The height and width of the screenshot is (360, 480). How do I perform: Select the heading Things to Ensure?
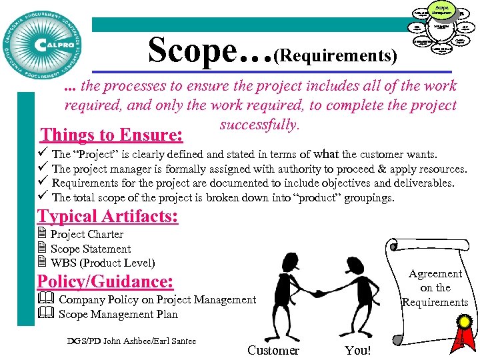(x=112, y=135)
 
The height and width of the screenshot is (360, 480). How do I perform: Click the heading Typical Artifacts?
(x=108, y=217)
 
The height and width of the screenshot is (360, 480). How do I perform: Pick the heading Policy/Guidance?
(x=105, y=281)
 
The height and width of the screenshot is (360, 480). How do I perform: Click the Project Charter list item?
(x=87, y=234)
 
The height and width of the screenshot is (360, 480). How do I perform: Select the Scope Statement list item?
(x=91, y=249)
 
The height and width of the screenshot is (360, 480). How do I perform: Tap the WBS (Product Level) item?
(x=103, y=263)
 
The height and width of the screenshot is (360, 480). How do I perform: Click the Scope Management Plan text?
(x=118, y=314)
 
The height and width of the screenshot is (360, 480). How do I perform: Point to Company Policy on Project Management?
(x=157, y=300)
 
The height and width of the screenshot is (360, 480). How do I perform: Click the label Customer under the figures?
(x=273, y=350)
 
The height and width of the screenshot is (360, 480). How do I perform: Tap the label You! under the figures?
(x=358, y=350)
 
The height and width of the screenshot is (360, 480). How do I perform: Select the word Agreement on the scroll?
(x=435, y=273)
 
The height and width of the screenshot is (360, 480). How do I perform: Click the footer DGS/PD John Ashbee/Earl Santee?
(x=132, y=341)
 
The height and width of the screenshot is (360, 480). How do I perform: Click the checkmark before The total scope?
(x=43, y=196)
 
